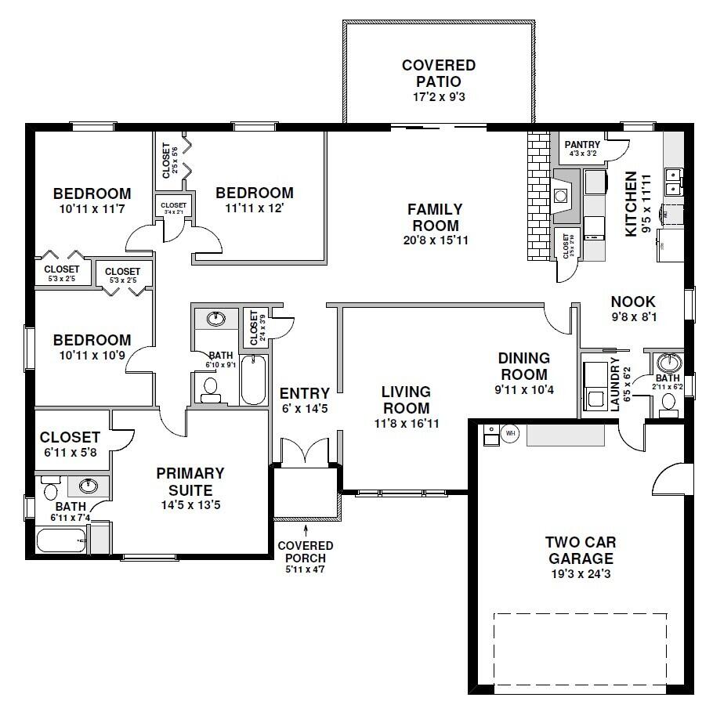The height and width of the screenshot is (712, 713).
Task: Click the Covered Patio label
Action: click(x=438, y=73)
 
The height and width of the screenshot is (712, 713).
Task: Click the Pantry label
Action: click(x=582, y=145)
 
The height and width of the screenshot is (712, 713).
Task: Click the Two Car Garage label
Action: click(x=581, y=550)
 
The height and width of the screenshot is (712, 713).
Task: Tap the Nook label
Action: click(x=633, y=302)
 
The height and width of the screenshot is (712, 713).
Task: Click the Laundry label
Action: click(x=615, y=383)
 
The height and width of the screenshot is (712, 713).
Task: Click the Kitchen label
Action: click(x=631, y=204)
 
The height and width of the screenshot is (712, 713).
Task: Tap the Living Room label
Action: click(x=406, y=399)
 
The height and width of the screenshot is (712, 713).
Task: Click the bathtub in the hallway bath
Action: click(x=254, y=380)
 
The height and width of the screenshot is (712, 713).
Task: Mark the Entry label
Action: click(x=299, y=393)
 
